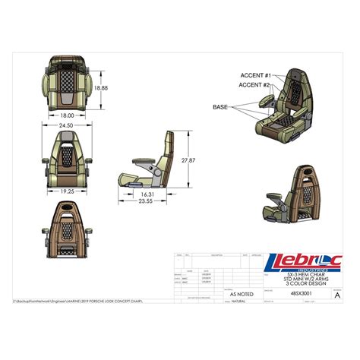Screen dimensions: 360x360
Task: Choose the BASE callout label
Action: coord(220,108)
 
